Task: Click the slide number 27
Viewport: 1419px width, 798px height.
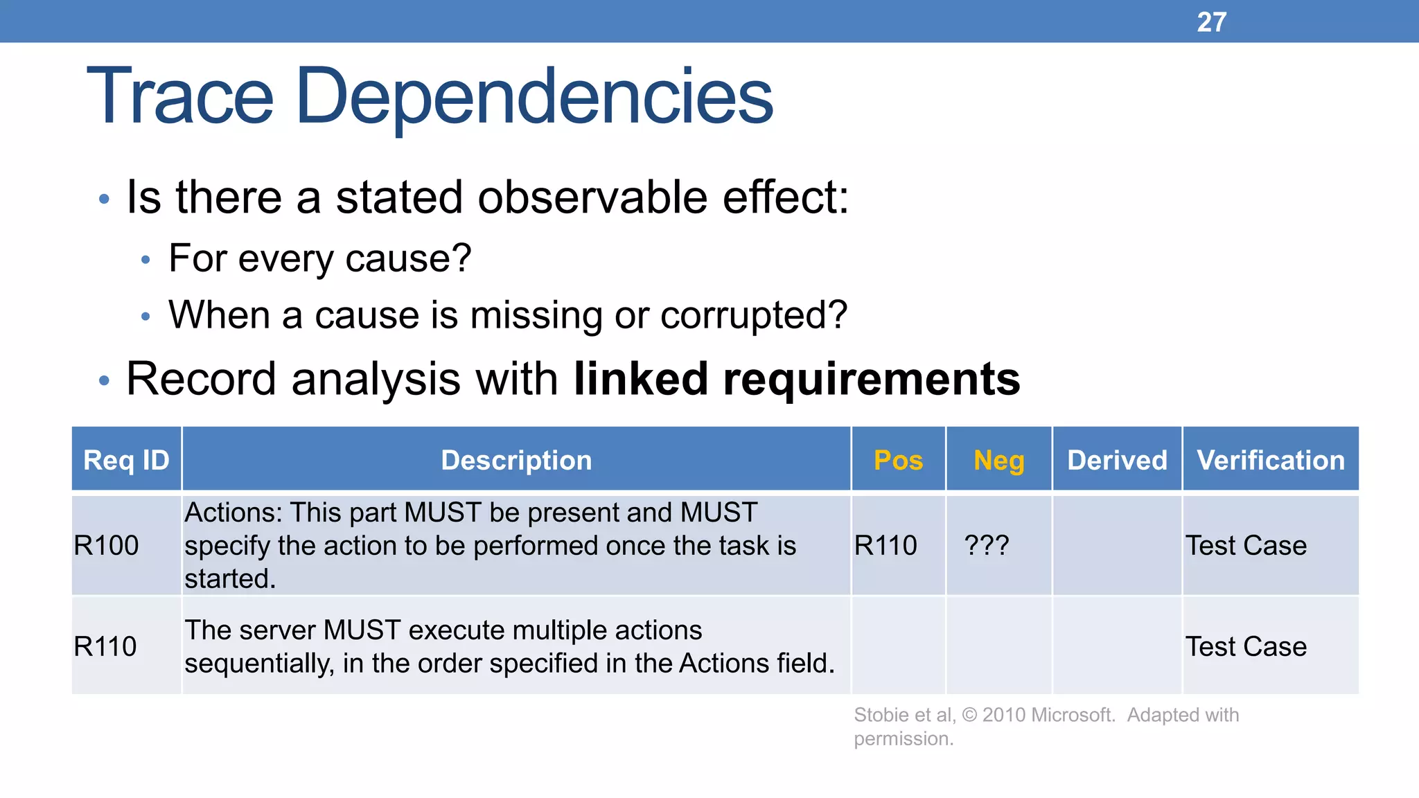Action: [x=1211, y=22]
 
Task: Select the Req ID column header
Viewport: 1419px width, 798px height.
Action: [x=126, y=460]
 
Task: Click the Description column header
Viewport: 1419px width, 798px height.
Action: [x=516, y=460]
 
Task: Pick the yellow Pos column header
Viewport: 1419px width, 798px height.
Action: [x=898, y=460]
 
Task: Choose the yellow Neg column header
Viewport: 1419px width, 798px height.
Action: [x=998, y=460]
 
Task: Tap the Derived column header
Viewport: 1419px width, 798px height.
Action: [x=1117, y=460]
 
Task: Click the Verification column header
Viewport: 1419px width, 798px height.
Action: [x=1271, y=460]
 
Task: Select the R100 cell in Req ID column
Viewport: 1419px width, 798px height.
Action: [x=106, y=546]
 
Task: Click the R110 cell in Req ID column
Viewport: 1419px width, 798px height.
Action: [x=105, y=647]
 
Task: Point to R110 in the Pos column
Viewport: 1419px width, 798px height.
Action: [x=885, y=546]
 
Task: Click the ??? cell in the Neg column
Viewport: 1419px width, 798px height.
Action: [x=986, y=546]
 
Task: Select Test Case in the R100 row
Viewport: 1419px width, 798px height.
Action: [x=1246, y=546]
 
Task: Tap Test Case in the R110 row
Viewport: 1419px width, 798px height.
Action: [x=1246, y=647]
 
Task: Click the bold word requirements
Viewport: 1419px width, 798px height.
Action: [x=871, y=380]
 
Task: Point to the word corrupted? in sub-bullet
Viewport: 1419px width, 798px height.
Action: [x=753, y=316]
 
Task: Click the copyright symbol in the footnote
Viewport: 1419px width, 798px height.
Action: [x=969, y=715]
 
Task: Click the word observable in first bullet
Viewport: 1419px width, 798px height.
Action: [x=591, y=197]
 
